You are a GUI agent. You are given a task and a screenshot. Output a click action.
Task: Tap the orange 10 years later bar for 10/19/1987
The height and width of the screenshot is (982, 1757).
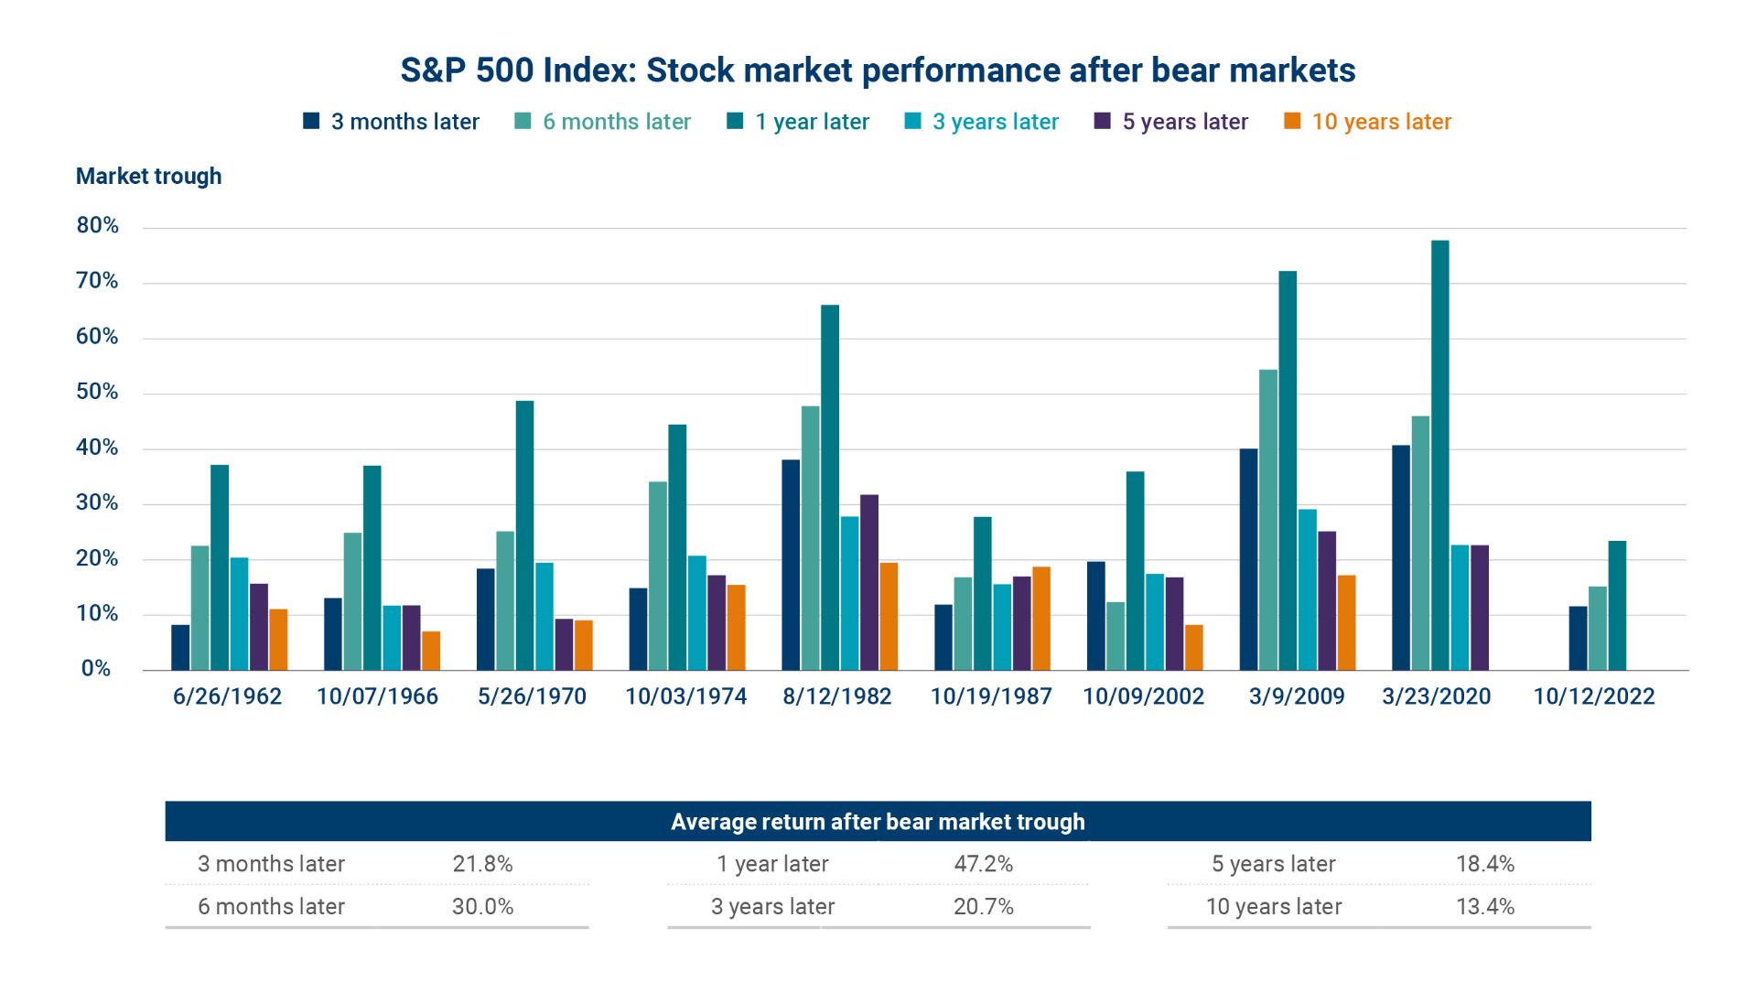[x=1040, y=619]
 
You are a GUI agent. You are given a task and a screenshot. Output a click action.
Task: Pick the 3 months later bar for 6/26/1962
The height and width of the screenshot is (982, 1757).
[x=180, y=647]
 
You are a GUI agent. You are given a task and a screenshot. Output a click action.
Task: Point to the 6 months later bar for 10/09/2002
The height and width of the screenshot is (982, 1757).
[x=1115, y=636]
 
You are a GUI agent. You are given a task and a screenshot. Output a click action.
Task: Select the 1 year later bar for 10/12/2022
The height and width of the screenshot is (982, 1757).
[x=1617, y=606]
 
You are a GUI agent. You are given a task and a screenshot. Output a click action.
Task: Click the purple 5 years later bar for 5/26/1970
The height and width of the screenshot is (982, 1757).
[x=564, y=644]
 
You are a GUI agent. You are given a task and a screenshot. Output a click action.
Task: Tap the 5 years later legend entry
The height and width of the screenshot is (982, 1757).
[x=1171, y=122]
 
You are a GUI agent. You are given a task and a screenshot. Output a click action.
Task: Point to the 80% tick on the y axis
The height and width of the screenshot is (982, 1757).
[x=98, y=226]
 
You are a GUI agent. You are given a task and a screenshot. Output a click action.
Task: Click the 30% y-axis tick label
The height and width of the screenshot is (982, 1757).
[x=98, y=502]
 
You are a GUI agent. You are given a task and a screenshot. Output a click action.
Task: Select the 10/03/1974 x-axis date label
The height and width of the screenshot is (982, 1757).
[x=685, y=696]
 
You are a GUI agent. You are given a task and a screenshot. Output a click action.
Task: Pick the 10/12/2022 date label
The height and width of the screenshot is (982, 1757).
[x=1593, y=696]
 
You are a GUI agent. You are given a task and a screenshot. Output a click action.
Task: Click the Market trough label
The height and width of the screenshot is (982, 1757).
[x=148, y=176]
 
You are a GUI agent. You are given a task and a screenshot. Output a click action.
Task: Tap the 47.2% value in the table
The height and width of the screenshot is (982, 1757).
[x=983, y=864]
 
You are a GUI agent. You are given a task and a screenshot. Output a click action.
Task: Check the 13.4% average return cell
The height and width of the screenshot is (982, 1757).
[x=1484, y=907]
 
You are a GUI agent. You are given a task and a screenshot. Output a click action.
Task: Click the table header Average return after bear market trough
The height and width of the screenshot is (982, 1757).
[x=877, y=822]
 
